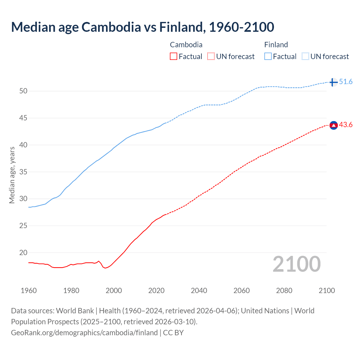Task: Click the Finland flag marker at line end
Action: [x=333, y=82]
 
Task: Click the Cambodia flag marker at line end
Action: [x=334, y=125]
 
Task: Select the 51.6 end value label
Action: [x=346, y=82]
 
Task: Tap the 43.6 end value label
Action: [x=346, y=125]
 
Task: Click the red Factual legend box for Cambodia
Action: [x=174, y=57]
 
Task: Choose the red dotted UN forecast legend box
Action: [x=211, y=57]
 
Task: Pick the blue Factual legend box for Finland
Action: [x=268, y=57]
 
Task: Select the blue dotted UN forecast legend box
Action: [x=305, y=57]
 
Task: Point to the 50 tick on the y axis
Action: [x=23, y=91]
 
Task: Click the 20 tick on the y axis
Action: [x=23, y=253]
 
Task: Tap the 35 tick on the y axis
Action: [x=23, y=172]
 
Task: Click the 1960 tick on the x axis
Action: [x=29, y=291]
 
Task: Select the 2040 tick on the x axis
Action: [x=199, y=291]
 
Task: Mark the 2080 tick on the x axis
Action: [x=284, y=291]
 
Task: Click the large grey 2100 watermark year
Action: [x=297, y=264]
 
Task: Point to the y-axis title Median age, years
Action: [x=12, y=175]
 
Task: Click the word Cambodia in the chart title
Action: [x=111, y=27]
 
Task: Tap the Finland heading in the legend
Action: [x=276, y=45]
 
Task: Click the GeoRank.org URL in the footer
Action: [x=84, y=333]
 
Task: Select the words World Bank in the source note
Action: [x=75, y=311]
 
